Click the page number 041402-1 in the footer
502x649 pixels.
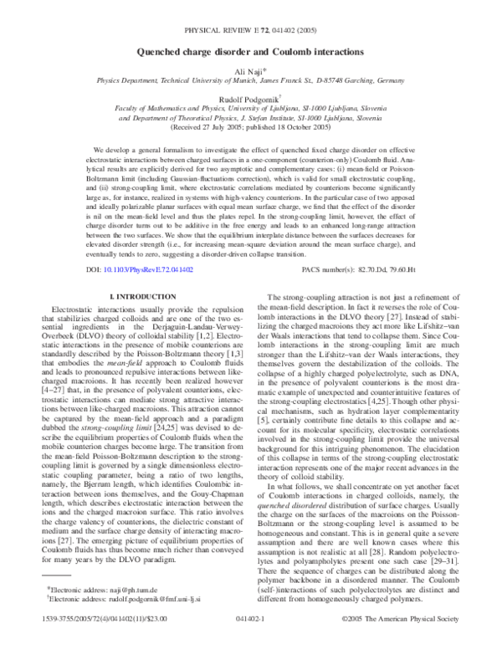[x=251, y=622]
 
